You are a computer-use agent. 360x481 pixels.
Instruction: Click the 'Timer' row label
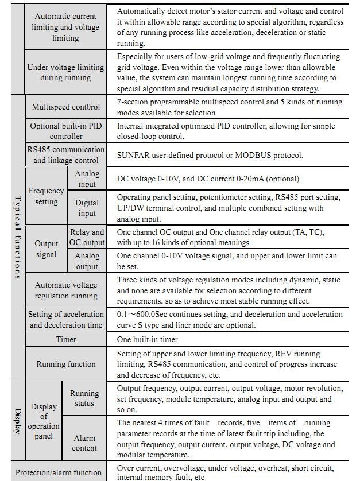coord(65,339)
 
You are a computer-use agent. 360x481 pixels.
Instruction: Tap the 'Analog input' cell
coord(87,179)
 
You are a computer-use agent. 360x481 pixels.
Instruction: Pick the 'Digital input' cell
coord(87,208)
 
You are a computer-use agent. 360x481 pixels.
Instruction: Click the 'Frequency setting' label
coord(46,196)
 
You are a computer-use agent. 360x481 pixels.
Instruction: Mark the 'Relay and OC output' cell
coord(87,237)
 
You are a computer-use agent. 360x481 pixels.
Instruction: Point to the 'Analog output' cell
coord(87,261)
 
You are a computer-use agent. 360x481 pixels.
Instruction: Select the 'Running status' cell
coord(84,398)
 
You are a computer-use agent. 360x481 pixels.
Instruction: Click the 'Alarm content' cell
coord(84,443)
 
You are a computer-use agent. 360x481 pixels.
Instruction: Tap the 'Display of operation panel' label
coord(44,421)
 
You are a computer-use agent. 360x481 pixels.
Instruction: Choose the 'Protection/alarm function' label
coord(58,473)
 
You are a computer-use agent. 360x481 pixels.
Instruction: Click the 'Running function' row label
coord(65,364)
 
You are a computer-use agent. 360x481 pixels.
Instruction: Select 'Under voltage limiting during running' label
coord(65,72)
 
